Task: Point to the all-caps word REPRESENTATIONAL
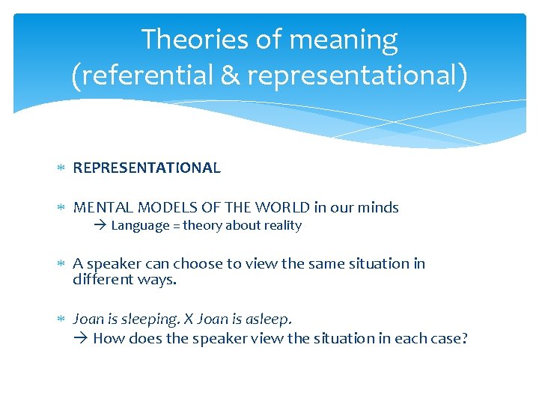[x=147, y=168]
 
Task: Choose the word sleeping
[x=150, y=319]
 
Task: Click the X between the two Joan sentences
[x=191, y=319]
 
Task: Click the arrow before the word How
[x=81, y=338]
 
